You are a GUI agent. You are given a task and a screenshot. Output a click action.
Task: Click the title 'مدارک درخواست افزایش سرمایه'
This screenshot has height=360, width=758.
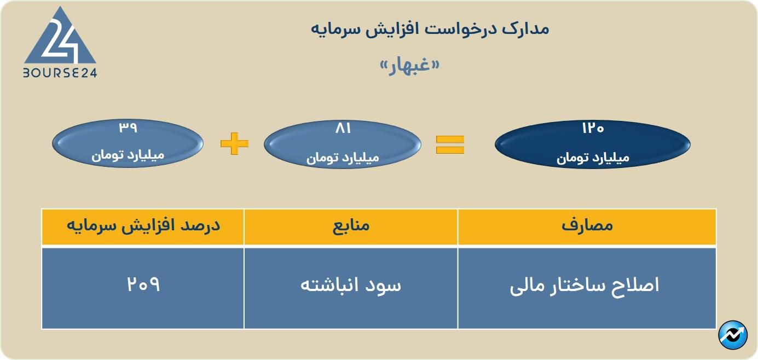[430, 28]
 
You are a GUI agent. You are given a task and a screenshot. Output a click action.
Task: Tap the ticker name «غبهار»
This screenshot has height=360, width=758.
[410, 66]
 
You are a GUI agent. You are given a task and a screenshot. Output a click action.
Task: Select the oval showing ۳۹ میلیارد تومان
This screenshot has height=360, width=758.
[128, 144]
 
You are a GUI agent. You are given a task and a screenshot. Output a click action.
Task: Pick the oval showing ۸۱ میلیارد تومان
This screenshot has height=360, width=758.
[343, 144]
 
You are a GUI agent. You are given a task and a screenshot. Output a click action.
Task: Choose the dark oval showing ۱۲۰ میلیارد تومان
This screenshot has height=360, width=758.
[593, 144]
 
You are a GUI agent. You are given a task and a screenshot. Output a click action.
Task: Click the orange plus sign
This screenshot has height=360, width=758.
[234, 144]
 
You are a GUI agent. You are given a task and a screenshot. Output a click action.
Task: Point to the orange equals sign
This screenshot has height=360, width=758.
[450, 144]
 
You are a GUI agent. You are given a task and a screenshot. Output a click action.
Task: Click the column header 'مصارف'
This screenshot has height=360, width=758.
[587, 226]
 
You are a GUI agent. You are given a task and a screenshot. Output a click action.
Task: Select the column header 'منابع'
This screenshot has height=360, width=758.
[351, 226]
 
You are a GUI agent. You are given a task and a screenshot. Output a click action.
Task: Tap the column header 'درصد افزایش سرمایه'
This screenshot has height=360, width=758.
[143, 226]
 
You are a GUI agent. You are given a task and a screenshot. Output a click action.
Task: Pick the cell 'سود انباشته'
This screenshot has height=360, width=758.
[351, 286]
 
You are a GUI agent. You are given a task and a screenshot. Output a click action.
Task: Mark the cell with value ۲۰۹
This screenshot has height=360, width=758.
[143, 285]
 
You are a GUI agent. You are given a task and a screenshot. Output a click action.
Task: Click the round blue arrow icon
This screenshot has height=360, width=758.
[732, 335]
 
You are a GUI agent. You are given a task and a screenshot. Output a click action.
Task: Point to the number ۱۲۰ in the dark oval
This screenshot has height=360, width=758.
[593, 129]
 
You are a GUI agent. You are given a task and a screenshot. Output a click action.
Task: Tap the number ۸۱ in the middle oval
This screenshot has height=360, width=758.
[343, 129]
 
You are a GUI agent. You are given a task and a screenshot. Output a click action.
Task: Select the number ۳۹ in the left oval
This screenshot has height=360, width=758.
[128, 128]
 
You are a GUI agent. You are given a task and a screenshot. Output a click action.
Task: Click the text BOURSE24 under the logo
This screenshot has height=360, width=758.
[60, 73]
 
